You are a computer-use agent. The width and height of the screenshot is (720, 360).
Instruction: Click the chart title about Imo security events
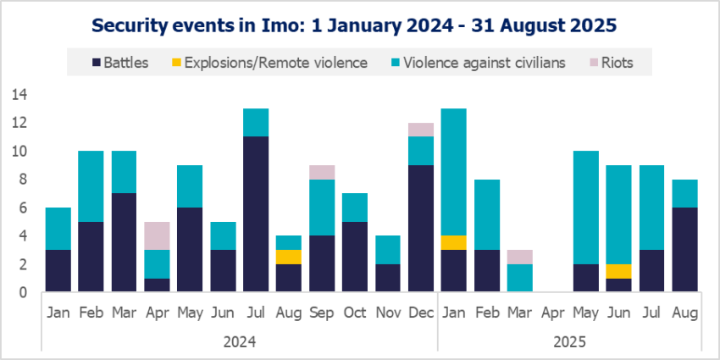point(359,25)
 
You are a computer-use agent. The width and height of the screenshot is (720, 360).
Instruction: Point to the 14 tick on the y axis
point(18,95)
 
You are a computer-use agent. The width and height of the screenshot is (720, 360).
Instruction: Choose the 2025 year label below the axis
point(569,342)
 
